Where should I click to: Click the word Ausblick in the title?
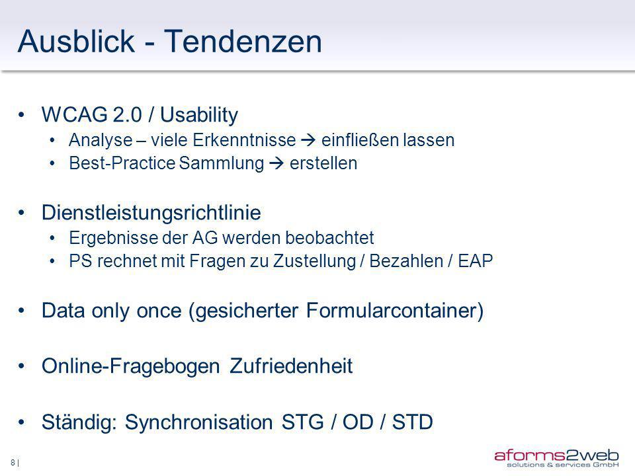coord(76,41)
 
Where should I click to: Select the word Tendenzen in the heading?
coord(243,41)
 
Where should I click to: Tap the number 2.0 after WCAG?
coord(127,114)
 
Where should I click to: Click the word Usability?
coord(199,115)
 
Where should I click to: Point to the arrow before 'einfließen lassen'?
coord(308,140)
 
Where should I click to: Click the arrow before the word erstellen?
coord(276,163)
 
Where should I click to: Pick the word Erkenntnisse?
coord(244,140)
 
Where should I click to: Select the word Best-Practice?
coord(122,163)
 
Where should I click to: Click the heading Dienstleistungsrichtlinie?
coord(151,212)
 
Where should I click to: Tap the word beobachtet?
coord(329,237)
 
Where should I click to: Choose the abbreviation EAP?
coord(475,261)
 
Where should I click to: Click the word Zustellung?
coord(314,261)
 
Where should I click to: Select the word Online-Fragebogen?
coord(131,366)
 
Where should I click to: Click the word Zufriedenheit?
coord(291,366)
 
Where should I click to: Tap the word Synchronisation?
coord(198,422)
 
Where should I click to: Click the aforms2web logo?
coord(556,458)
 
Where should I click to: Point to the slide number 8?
coord(13,462)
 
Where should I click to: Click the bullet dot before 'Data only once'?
coord(21,311)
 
